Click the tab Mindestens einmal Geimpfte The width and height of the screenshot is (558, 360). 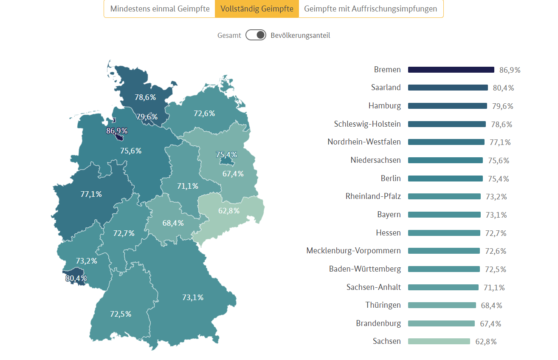(x=160, y=9)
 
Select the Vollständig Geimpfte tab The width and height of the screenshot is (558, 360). (x=257, y=9)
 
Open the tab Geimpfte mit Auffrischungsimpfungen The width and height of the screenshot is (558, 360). (x=371, y=9)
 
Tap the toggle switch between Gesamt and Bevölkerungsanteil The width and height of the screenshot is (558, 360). (x=256, y=35)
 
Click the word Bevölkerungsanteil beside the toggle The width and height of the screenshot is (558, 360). (x=300, y=35)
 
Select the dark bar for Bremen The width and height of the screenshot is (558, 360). (x=451, y=70)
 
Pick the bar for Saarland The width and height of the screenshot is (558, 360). (x=448, y=88)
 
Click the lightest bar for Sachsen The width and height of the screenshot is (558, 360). (x=439, y=341)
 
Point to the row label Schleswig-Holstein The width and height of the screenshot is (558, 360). (x=367, y=124)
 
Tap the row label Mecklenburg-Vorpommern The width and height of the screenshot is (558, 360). (x=353, y=251)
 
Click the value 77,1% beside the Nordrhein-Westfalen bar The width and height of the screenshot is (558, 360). (x=500, y=142)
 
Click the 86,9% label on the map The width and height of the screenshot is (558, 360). (x=117, y=131)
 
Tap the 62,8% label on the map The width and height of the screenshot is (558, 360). (x=229, y=211)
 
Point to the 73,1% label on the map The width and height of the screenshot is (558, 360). (x=193, y=298)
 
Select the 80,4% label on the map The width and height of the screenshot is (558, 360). (x=76, y=278)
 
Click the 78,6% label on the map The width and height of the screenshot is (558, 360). (x=145, y=97)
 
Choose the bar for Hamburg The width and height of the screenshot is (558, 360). (x=447, y=106)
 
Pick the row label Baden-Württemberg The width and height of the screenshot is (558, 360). (x=365, y=269)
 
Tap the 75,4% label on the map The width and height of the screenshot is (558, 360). (x=226, y=154)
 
